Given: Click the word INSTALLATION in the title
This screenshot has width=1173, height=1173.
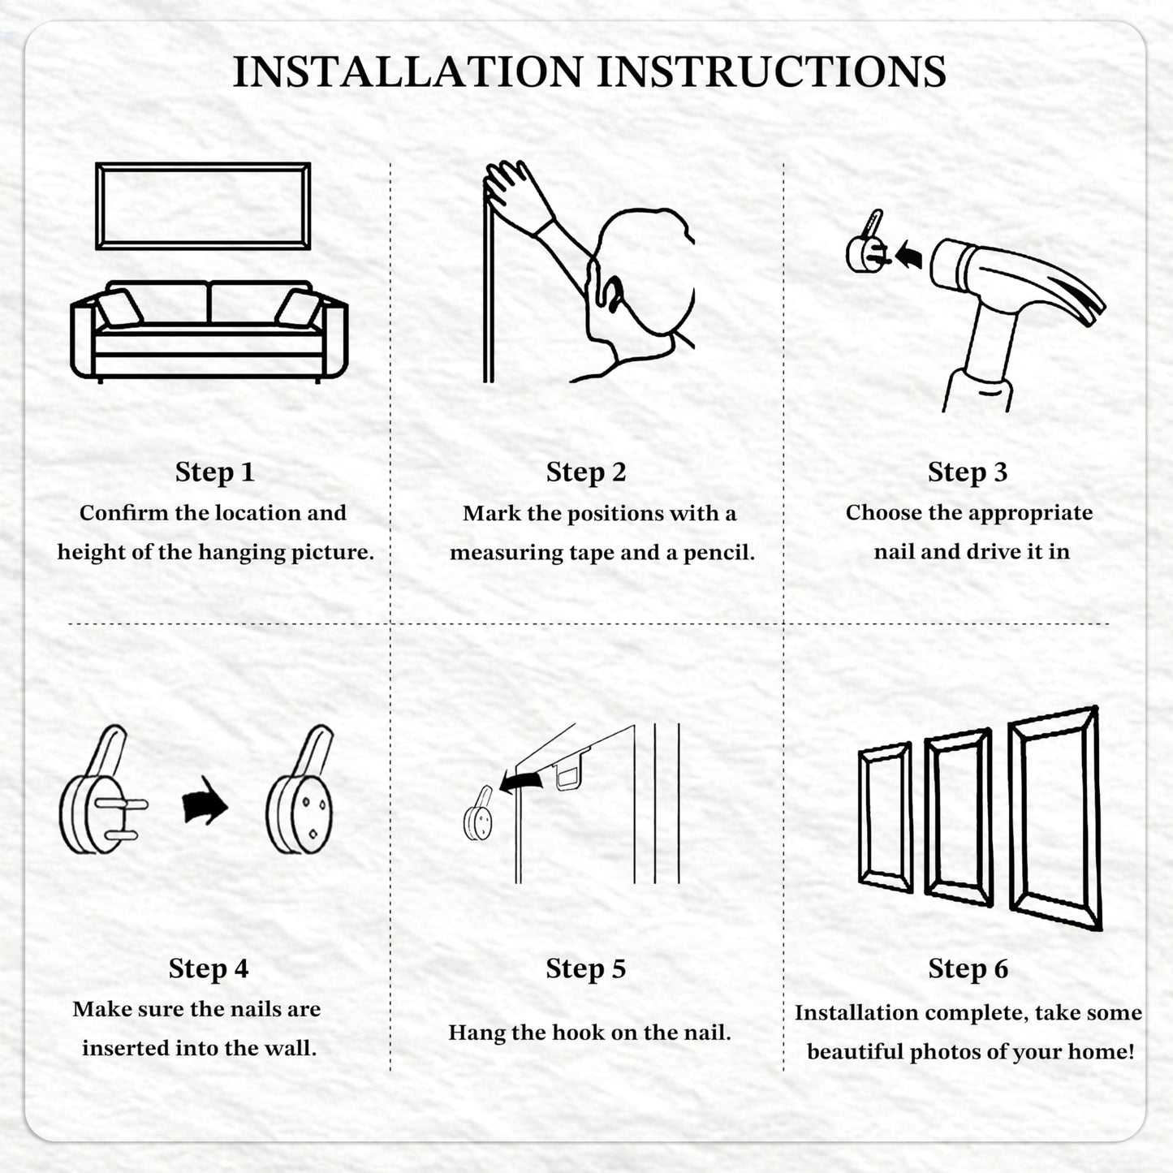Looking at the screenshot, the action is click(x=408, y=71).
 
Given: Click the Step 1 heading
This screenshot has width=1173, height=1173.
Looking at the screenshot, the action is click(x=214, y=472).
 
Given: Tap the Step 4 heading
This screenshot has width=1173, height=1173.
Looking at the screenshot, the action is click(x=208, y=968).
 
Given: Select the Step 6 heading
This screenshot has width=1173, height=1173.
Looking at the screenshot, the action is click(x=968, y=968).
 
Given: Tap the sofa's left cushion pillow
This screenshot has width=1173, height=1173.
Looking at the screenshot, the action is click(x=119, y=308).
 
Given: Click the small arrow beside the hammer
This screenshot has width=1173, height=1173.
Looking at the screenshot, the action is click(x=908, y=254).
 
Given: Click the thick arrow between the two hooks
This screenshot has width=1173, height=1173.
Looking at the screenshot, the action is click(x=205, y=801).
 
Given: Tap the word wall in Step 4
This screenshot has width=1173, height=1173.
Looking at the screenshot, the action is click(x=290, y=1048).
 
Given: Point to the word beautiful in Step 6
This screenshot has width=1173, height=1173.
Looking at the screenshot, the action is click(x=856, y=1051).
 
